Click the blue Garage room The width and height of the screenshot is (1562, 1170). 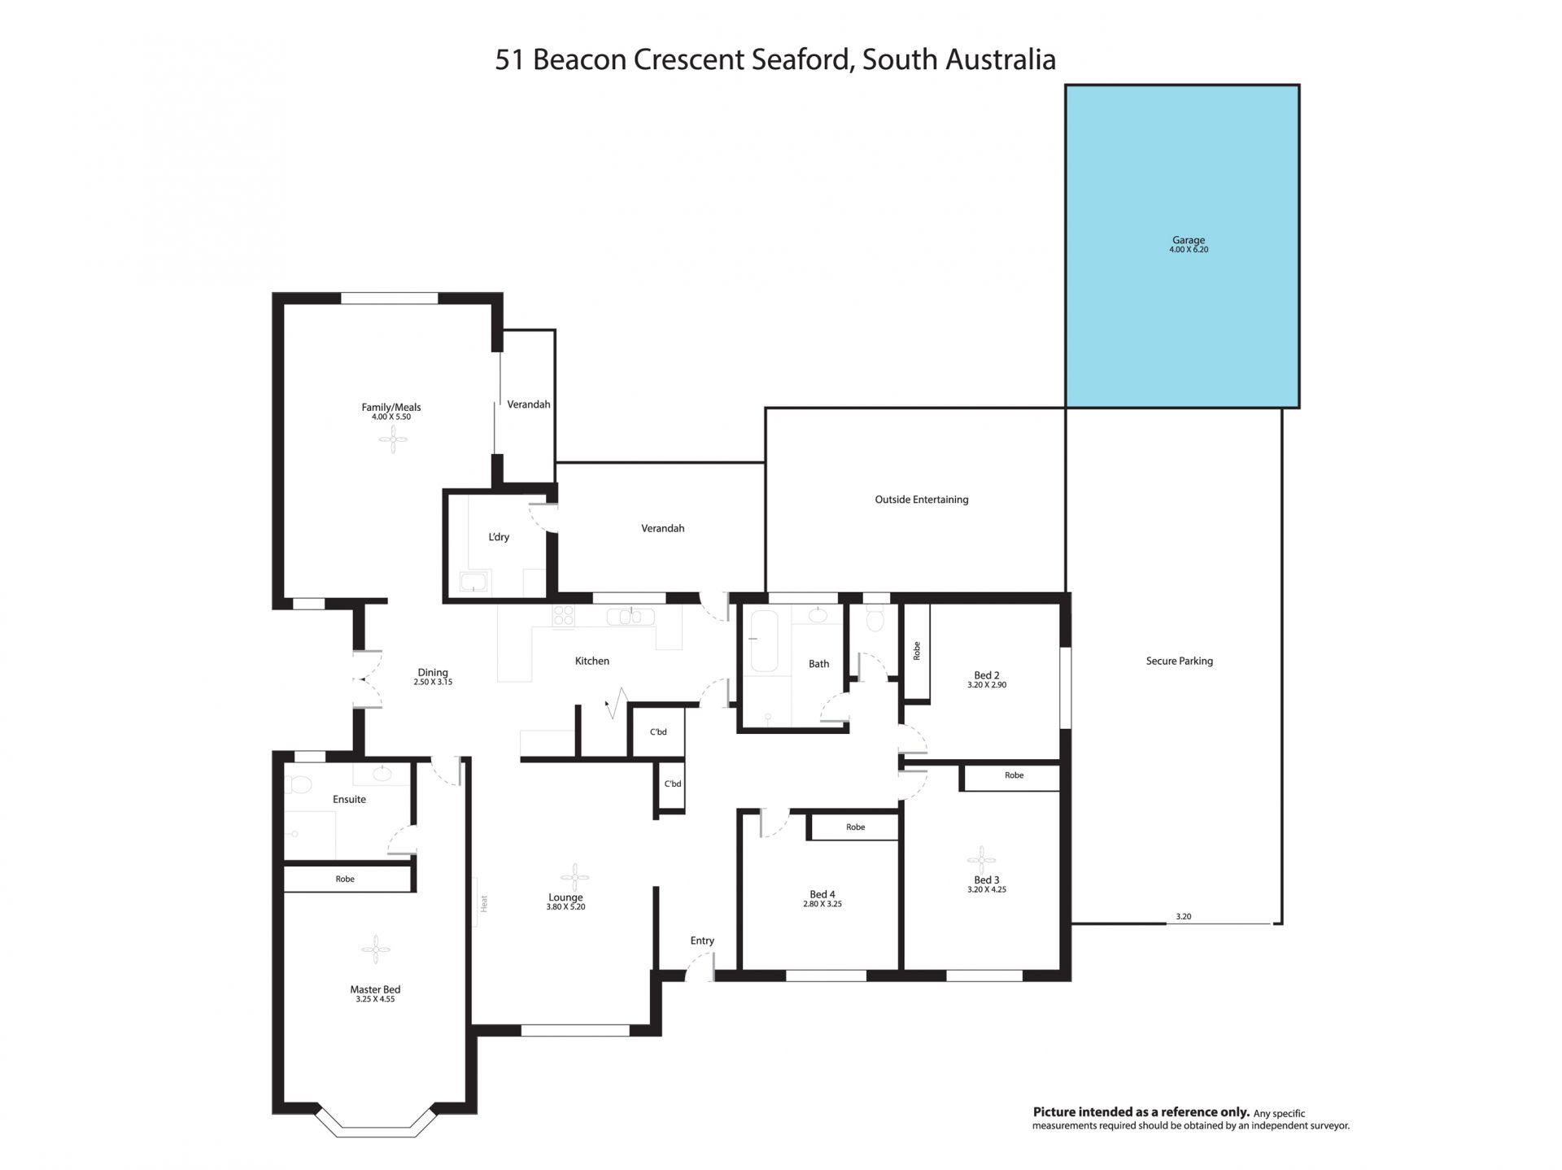point(1182,246)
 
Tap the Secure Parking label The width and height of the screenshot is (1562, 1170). point(1179,661)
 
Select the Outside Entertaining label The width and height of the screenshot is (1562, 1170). point(922,500)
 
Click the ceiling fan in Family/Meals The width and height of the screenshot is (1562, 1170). point(393,441)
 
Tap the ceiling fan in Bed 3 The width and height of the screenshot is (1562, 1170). point(982,859)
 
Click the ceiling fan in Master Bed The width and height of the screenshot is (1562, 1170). point(376,949)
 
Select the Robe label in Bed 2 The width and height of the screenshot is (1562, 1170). point(917,651)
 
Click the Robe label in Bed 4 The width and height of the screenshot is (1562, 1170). point(855,827)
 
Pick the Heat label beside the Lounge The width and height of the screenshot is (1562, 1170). point(483,902)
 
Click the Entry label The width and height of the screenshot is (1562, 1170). point(702,941)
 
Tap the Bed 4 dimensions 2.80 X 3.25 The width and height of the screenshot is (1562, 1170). point(822,904)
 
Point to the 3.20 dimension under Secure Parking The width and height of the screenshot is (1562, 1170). point(1183,916)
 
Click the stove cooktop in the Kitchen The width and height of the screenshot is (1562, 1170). point(563,616)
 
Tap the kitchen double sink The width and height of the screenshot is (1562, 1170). point(631,616)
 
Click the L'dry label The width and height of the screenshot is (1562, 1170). point(499,537)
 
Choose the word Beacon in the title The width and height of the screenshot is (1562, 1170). point(579,60)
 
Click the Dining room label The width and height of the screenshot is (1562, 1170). point(433,672)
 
